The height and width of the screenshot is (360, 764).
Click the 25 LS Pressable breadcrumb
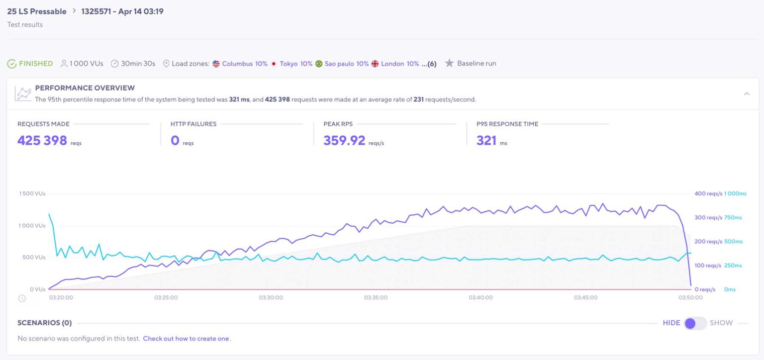click(36, 11)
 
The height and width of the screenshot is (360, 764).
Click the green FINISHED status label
click(35, 64)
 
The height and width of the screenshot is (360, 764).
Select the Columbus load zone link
click(237, 64)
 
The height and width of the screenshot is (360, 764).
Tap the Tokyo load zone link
click(288, 64)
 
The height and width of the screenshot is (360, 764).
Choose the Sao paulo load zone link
click(340, 64)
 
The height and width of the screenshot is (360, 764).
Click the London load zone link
click(392, 64)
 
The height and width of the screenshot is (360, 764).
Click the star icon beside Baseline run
click(449, 63)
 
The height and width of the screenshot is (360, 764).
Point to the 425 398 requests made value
click(42, 140)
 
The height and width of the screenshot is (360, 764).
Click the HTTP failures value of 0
click(175, 140)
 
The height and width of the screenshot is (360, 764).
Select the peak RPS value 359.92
click(344, 140)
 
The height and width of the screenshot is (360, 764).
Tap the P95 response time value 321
click(486, 140)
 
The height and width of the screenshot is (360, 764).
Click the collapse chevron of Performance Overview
click(747, 93)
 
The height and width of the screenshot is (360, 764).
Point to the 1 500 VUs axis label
click(32, 193)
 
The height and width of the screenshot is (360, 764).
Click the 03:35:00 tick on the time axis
click(376, 297)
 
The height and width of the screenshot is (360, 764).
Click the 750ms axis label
click(733, 217)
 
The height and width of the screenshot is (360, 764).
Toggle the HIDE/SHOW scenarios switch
click(695, 323)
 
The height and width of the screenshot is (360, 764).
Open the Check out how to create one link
click(186, 339)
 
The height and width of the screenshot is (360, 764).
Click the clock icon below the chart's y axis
click(22, 298)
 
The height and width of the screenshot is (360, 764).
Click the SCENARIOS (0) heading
click(44, 323)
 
